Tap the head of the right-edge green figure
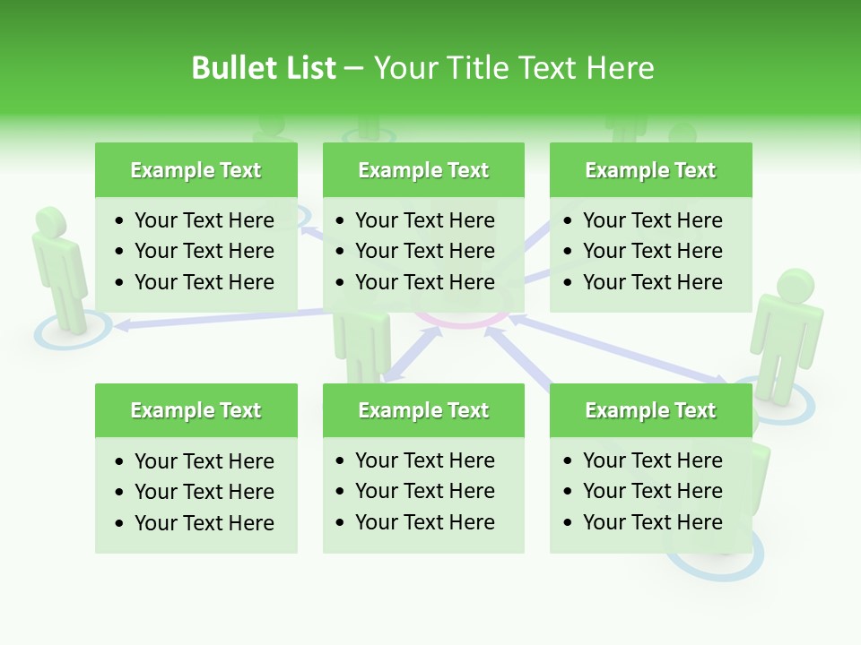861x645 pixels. pos(795,287)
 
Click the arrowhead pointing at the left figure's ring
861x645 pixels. pos(122,326)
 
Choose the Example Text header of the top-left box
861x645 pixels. pos(196,170)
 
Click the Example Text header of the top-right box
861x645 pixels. pos(650,170)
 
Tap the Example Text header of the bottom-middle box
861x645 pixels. pos(423,410)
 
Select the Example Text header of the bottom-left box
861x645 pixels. pos(196,410)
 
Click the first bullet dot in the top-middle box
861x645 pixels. pos(341,221)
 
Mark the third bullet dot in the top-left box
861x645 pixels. pos(120,283)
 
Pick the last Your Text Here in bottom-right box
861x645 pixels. pos(652,522)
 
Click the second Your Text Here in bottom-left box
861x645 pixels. pos(204,492)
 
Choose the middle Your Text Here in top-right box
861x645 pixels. pos(652,251)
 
